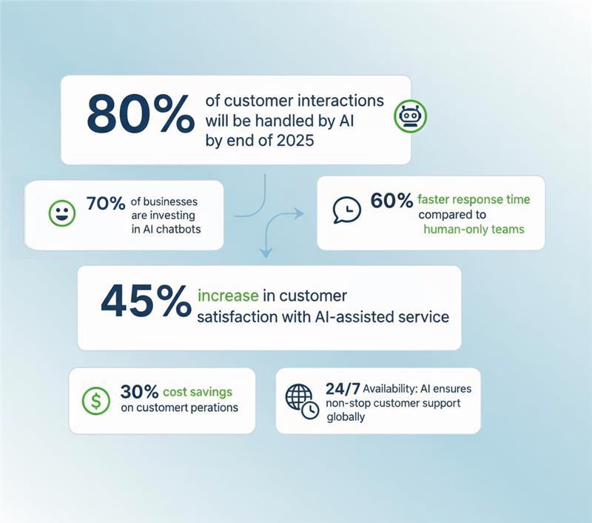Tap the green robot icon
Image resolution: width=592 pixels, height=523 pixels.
click(410, 116)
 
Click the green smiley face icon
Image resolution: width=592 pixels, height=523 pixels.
click(62, 213)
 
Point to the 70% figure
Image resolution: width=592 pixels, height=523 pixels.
click(105, 204)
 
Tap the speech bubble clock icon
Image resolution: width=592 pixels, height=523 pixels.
click(346, 210)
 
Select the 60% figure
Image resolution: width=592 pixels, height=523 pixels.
click(391, 201)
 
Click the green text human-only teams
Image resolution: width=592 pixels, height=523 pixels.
click(474, 229)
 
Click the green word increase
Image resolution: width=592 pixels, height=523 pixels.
click(228, 296)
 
